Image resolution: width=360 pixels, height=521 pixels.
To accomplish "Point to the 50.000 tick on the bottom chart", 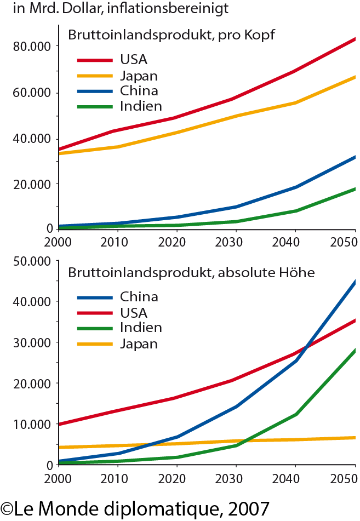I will pos(32,261).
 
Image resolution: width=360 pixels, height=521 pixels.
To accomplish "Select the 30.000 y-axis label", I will pos(32,342).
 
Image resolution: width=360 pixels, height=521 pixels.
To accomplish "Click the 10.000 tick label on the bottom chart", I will pos(32,424).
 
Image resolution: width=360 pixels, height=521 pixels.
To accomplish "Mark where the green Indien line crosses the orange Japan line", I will pos(244,440).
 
